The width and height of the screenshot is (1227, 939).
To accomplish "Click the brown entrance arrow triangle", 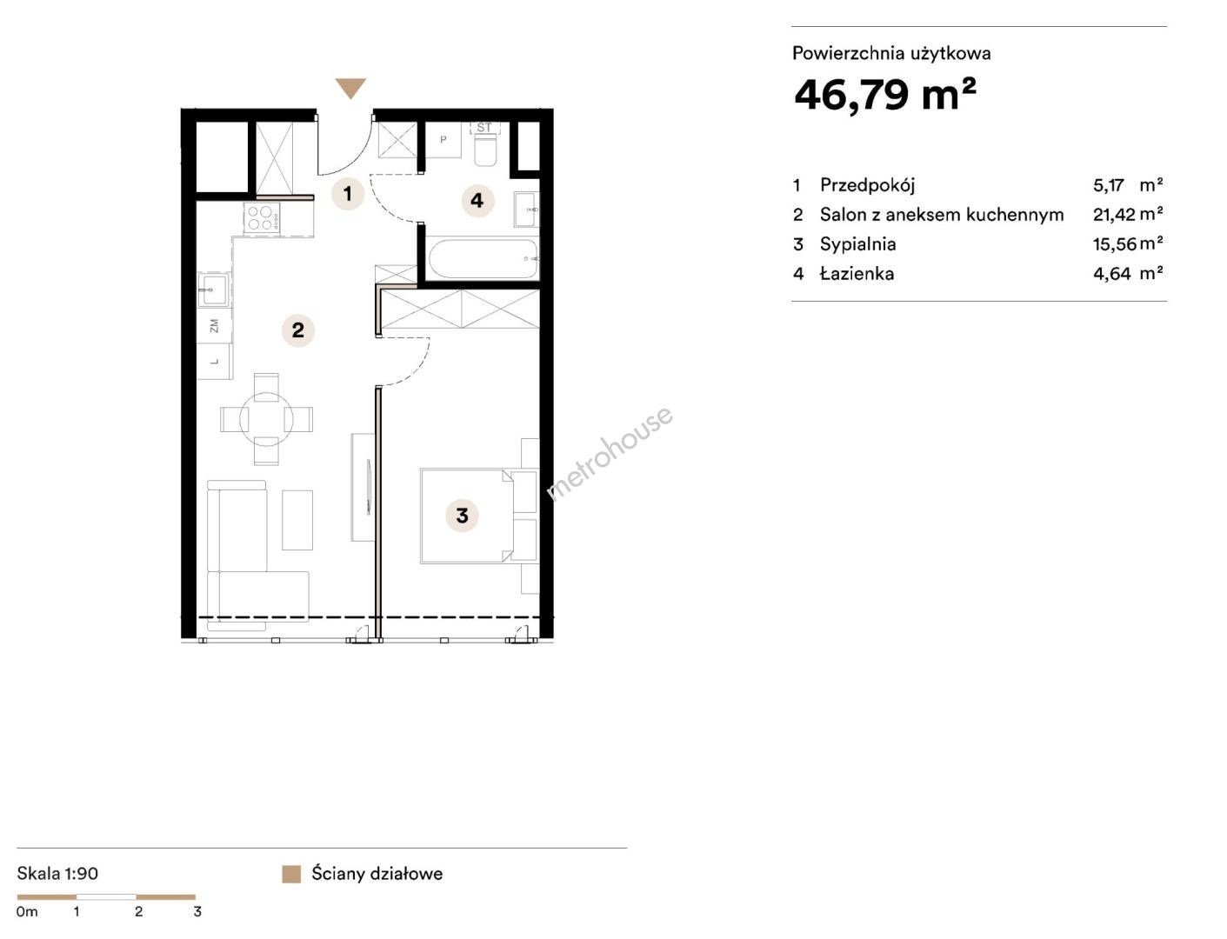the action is coord(350,88).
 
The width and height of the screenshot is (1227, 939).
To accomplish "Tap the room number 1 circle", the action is coord(348,194).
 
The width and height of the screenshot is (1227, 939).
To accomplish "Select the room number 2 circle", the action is coord(298,330).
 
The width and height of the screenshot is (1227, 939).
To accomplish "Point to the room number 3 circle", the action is coord(462,516).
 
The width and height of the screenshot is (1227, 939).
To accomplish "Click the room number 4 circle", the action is coord(477,200).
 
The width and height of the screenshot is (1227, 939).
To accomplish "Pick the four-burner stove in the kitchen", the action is coord(262,217).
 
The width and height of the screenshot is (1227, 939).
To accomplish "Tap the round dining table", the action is coord(267,419).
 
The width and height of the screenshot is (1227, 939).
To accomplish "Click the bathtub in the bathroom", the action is coord(483,259).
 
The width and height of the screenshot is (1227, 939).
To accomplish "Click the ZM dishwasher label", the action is coord(214,326).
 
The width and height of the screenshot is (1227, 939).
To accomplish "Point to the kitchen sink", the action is coord(214,290).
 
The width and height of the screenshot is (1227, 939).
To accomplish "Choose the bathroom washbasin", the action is coord(527,210).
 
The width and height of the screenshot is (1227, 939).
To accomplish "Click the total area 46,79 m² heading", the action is coord(885,95).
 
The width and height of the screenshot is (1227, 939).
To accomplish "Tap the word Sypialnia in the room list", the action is coord(857,244).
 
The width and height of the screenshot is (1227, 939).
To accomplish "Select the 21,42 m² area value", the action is coord(1128,214).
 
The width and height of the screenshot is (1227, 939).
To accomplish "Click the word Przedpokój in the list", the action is coord(867,185).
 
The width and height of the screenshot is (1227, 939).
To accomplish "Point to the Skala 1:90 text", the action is coord(57,874).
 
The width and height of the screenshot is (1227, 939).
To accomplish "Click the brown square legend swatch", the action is coord(291,874).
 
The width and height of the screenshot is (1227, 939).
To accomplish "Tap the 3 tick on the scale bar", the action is coord(197,911).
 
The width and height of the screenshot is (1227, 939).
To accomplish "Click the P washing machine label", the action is coord(443,139).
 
